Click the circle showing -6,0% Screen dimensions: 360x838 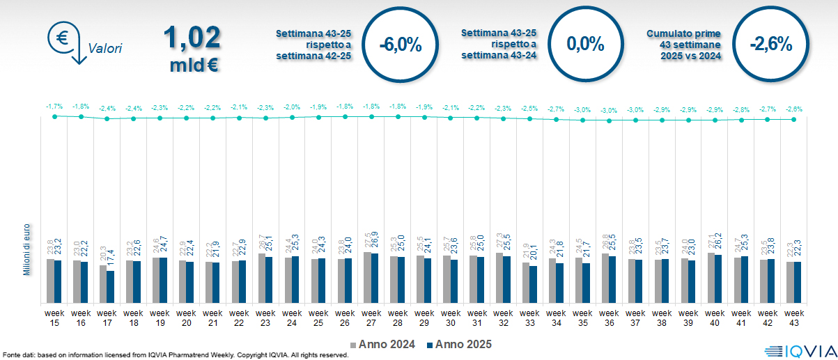click(x=401, y=45)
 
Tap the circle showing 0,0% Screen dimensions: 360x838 click(x=585, y=45)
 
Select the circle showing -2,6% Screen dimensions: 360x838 click(x=770, y=45)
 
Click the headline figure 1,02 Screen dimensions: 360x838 click(x=193, y=39)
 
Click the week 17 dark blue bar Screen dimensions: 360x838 click(x=111, y=286)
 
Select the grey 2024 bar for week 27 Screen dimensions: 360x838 click(x=368, y=277)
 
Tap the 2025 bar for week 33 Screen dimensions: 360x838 click(x=534, y=284)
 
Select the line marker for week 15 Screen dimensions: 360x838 click(x=54, y=116)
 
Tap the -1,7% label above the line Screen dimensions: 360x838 click(x=54, y=106)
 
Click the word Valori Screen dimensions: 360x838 click(x=105, y=49)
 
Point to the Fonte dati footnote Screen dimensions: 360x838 click(x=174, y=355)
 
